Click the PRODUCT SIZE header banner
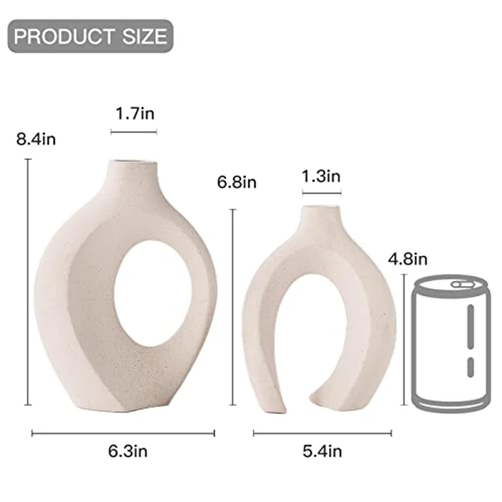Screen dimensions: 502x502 [90, 36]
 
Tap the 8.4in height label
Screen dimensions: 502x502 [36, 139]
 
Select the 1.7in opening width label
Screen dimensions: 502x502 [135, 113]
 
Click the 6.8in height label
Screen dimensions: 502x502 [237, 182]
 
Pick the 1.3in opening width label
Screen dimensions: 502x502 [321, 176]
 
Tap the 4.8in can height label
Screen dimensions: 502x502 [407, 257]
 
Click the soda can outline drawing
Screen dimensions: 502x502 [450, 344]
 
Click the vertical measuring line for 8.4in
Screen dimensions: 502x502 [29, 283]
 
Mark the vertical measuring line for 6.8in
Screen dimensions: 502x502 [232, 308]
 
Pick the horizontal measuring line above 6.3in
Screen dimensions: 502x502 [123, 432]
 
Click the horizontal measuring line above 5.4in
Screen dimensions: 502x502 [322, 432]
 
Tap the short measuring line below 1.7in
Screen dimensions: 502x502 [133, 131]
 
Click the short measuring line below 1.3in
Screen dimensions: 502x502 [321, 192]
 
